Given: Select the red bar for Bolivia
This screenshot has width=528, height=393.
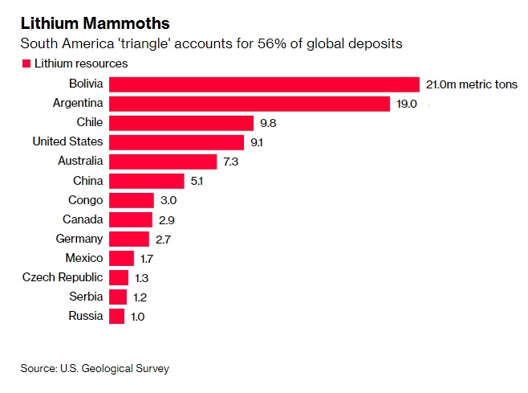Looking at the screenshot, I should tap(264, 84).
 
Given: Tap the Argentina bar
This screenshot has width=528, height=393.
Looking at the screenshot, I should tap(249, 104).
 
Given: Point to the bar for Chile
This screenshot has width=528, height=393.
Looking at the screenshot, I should tap(181, 123).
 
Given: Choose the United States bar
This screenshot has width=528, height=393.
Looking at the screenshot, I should tap(176, 142).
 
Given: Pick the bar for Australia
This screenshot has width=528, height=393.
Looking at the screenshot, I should tap(163, 162).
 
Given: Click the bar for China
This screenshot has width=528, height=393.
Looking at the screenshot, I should tap(146, 181).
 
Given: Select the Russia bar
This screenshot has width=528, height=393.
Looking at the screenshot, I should tap(116, 316).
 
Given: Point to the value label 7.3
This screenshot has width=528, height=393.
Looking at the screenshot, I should tap(232, 162).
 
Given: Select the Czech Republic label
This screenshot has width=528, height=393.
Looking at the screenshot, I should tap(63, 277).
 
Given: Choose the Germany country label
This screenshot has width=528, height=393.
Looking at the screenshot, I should tap(79, 239).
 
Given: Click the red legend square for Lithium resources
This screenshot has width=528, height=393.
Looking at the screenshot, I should tap(26, 63).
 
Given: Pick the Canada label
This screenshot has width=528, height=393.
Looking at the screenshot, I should tap(83, 219).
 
